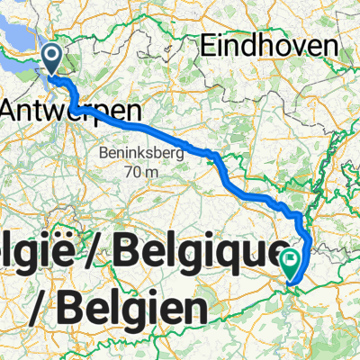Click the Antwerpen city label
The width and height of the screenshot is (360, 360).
point(71,110)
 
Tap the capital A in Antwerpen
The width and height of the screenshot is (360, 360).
point(13,110)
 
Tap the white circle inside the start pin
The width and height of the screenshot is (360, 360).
point(52,58)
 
